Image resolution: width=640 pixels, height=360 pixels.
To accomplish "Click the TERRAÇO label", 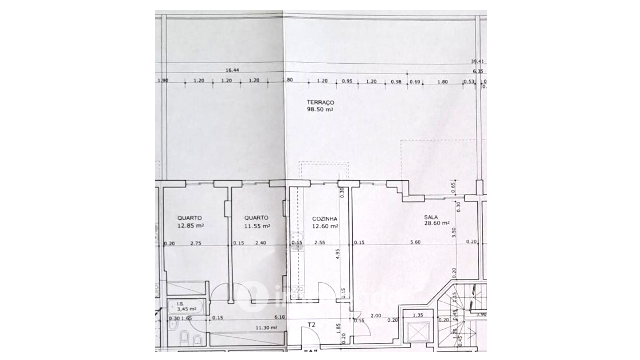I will click(x=320, y=102).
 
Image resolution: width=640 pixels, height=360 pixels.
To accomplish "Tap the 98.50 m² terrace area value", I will click(x=320, y=109).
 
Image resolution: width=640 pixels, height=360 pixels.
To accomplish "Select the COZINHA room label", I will click(x=324, y=219).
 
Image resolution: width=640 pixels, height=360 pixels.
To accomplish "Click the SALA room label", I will click(x=431, y=217).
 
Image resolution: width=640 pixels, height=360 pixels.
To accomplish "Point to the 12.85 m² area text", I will click(x=190, y=226).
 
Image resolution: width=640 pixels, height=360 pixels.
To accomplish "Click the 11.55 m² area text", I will click(x=257, y=226).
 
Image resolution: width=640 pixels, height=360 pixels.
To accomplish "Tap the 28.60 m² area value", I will click(x=436, y=223).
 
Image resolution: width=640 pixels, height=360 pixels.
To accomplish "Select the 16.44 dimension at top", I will click(x=232, y=70).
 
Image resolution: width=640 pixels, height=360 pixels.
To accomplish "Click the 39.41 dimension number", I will click(x=477, y=61).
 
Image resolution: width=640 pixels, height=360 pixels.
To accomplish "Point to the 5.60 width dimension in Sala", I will click(x=415, y=242).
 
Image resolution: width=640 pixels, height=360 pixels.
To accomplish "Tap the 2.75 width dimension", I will click(x=196, y=243).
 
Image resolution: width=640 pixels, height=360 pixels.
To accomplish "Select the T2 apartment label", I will click(x=311, y=324).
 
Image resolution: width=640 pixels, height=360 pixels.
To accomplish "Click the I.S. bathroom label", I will click(x=180, y=304).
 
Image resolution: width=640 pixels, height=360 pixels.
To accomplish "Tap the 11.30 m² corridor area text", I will click(x=266, y=328).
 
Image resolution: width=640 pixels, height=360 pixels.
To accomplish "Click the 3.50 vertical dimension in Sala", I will click(x=453, y=232).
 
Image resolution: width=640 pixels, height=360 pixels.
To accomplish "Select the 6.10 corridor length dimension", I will click(x=280, y=317).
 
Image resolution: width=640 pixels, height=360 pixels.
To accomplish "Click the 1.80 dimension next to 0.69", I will click(x=442, y=82).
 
